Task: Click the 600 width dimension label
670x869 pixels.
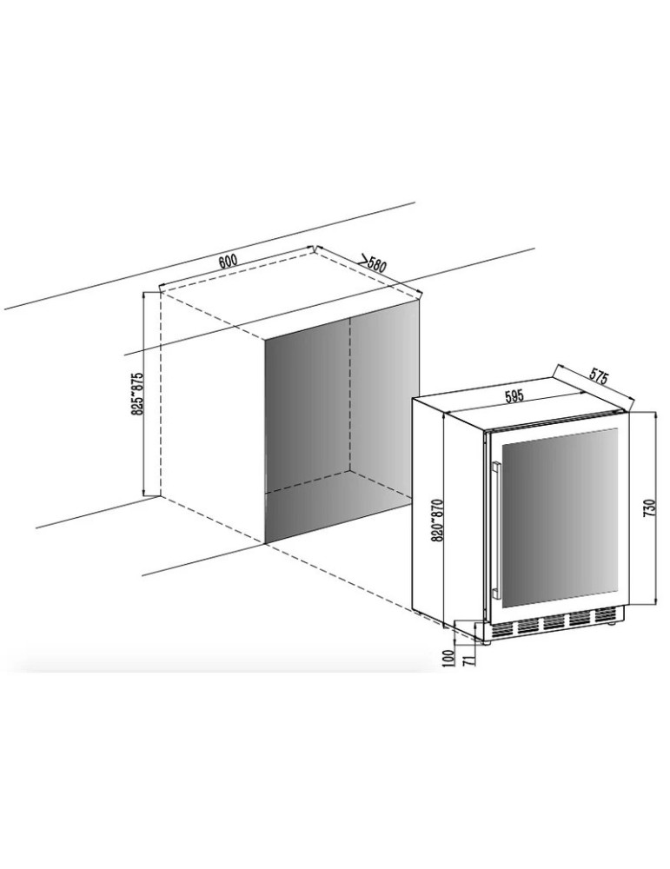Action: point(227,261)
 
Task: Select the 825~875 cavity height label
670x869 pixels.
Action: point(137,394)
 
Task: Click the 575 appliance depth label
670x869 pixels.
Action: point(599,378)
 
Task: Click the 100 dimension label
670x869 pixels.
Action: point(449,657)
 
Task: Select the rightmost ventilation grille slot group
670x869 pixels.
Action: point(607,615)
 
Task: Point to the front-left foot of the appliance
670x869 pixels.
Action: point(487,642)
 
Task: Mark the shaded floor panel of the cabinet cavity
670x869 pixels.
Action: point(339,508)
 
